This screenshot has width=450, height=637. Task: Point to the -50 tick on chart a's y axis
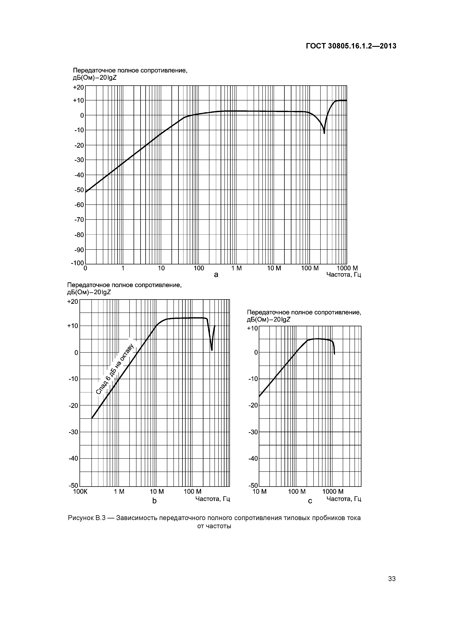[79, 190]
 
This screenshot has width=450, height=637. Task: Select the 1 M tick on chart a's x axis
[236, 268]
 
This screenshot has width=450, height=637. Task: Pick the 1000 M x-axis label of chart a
[347, 268]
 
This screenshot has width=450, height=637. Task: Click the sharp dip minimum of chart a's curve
[324, 133]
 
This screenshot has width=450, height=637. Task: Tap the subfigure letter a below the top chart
[216, 275]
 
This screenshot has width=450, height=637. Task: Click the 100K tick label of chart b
[80, 492]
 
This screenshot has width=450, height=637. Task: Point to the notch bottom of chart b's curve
[212, 350]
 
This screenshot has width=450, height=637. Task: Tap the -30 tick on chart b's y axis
[73, 432]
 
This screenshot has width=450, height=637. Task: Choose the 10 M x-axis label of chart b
[157, 492]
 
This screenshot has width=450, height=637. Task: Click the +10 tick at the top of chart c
[252, 328]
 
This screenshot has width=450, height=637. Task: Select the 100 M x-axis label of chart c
[297, 492]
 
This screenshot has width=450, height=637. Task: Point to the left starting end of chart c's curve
[259, 396]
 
